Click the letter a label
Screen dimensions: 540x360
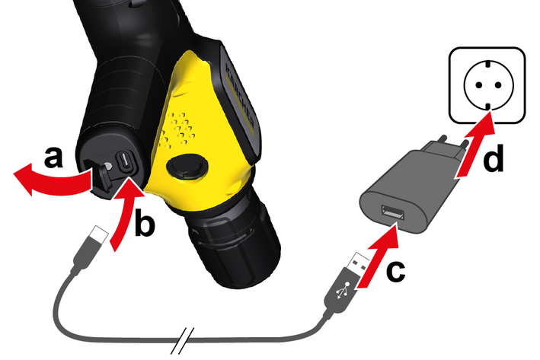click(54, 157)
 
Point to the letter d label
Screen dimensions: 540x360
click(494, 158)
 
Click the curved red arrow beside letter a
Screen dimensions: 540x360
click(52, 180)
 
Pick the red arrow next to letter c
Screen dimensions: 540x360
click(377, 256)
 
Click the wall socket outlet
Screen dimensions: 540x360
click(487, 85)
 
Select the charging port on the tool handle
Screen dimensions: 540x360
click(125, 162)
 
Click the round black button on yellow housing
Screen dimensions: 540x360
click(187, 167)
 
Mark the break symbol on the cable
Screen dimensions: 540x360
click(183, 341)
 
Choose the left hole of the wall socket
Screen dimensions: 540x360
click(478, 84)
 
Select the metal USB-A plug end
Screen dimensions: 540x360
click(359, 263)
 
